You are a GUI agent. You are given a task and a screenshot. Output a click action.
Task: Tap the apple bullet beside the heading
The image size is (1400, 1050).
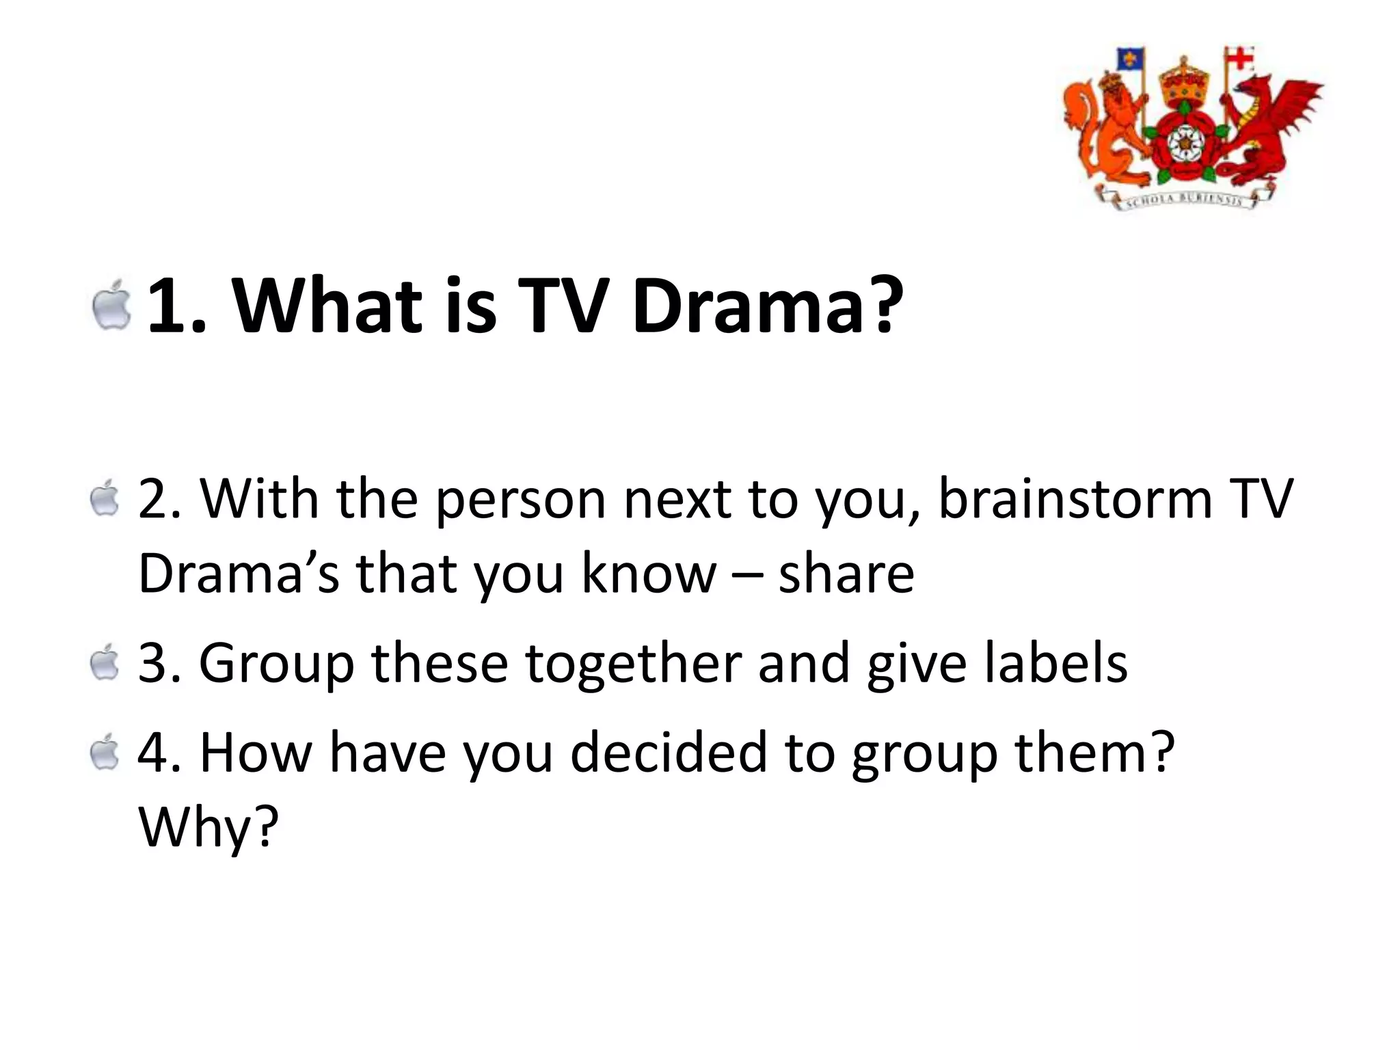pyautogui.click(x=112, y=305)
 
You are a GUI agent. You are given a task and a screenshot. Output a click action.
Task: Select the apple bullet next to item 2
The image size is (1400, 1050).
pyautogui.click(x=105, y=498)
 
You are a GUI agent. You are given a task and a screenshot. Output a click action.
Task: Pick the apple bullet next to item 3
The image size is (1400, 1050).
pyautogui.click(x=105, y=662)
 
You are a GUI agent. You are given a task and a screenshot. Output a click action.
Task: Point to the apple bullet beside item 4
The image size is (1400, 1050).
pyautogui.click(x=105, y=752)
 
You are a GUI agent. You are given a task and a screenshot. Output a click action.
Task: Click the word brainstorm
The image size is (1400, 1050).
pyautogui.click(x=1075, y=499)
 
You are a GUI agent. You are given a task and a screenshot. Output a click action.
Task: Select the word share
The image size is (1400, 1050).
pyautogui.click(x=846, y=574)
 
